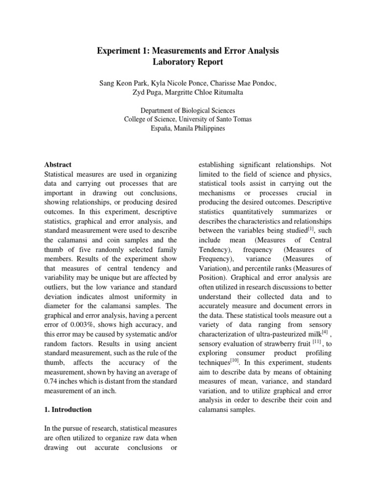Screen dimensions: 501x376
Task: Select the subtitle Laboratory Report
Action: pyautogui.click(x=188, y=63)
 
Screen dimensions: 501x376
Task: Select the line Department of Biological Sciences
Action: pyautogui.click(x=188, y=111)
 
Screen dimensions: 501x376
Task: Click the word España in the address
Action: pyautogui.click(x=164, y=129)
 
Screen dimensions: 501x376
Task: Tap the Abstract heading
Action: pyautogui.click(x=58, y=165)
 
